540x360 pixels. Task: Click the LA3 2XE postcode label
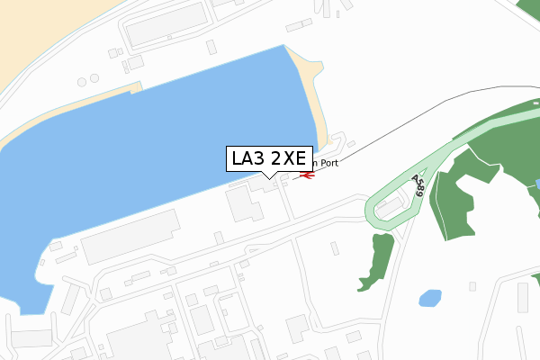tap(269, 158)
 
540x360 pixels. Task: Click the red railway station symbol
tap(305, 175)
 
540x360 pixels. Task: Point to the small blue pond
tap(430, 298)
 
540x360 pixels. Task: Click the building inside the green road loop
tap(390, 208)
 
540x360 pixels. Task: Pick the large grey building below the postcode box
tap(243, 203)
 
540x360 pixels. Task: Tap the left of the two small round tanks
tap(82, 82)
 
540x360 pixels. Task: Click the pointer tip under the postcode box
tap(269, 177)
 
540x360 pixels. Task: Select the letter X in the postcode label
tap(289, 158)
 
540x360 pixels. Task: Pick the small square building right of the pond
tap(472, 286)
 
